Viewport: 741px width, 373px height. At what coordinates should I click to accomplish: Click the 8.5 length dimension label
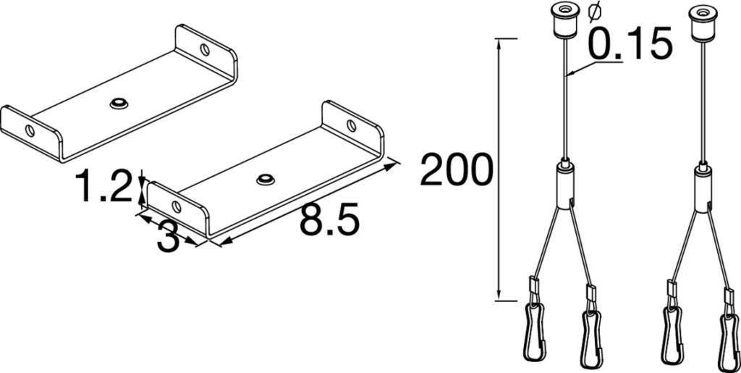coord(329,220)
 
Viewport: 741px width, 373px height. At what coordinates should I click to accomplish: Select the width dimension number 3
coord(168,238)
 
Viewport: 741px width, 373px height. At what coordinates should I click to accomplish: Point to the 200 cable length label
coord(456,169)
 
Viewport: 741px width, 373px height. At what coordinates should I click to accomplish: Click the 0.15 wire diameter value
coord(630,43)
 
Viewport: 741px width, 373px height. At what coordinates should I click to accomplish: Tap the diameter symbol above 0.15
coord(595,12)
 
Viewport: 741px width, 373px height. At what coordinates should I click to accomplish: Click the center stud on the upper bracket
coord(119,103)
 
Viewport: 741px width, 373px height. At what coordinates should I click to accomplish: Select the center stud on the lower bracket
coord(266,179)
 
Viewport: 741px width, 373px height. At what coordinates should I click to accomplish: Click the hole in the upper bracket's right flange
coord(205,50)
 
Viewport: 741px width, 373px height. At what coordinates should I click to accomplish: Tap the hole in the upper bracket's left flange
coord(30,130)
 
